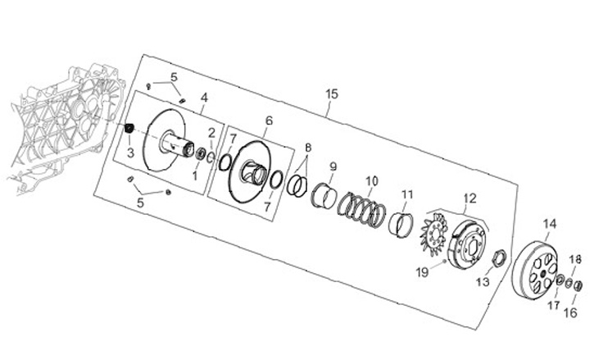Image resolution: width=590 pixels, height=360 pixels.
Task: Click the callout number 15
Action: click(331, 93)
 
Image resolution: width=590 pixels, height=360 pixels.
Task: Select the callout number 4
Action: click(204, 98)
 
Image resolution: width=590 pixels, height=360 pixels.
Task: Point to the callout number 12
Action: click(470, 198)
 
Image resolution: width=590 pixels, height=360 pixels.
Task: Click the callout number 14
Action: click(550, 223)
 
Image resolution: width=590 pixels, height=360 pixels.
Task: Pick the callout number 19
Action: click(421, 271)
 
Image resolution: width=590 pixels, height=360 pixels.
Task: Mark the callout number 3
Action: click(129, 152)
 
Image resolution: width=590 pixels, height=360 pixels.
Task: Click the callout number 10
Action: click(371, 180)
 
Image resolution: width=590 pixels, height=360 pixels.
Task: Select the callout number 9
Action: click(333, 167)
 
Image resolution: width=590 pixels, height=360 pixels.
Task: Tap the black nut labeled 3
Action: click(128, 129)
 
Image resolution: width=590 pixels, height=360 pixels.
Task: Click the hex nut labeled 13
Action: click(496, 262)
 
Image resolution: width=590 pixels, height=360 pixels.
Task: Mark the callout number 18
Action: click(575, 259)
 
